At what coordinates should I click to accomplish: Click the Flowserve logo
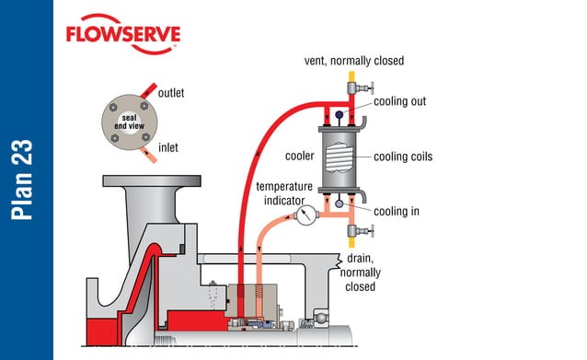pyautogui.click(x=122, y=36)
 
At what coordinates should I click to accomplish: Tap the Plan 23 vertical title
pyautogui.click(x=26, y=180)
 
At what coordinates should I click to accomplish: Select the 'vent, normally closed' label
pyautogui.click(x=354, y=61)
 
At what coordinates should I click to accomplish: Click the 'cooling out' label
pyautogui.click(x=398, y=100)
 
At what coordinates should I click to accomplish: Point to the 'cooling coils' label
pyautogui.click(x=403, y=157)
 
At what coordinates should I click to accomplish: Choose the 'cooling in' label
pyautogui.click(x=397, y=211)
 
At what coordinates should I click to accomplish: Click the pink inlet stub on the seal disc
pyautogui.click(x=148, y=149)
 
